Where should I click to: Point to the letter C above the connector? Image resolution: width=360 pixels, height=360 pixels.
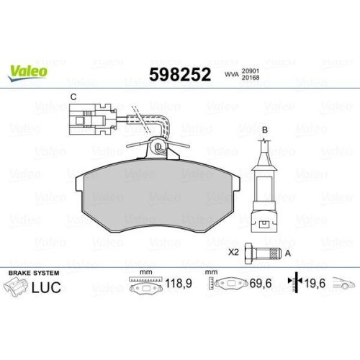click(x=73, y=96)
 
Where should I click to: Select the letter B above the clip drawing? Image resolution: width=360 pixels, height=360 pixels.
click(x=264, y=130)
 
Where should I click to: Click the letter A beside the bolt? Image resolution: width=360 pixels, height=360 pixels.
click(x=289, y=253)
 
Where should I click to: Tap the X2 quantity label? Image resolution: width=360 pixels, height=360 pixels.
click(x=233, y=253)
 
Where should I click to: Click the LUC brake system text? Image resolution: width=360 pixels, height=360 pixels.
click(x=44, y=289)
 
